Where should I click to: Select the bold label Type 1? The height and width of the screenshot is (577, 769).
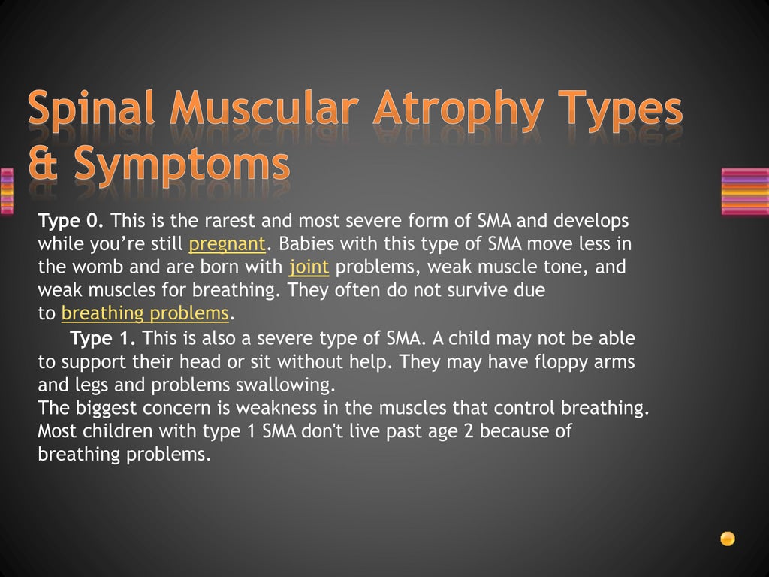(x=103, y=338)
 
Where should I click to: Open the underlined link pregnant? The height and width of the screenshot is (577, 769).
(x=227, y=244)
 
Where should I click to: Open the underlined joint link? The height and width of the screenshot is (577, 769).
(x=309, y=267)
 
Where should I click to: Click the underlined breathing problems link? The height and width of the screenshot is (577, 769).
(x=144, y=313)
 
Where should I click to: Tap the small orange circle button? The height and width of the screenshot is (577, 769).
(x=727, y=538)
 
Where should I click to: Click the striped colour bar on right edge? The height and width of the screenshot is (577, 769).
(x=744, y=192)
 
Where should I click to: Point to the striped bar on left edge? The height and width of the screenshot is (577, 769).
(x=7, y=192)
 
